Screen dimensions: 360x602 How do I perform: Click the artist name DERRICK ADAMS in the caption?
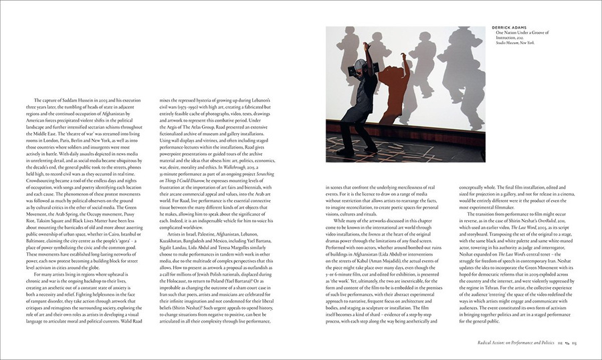pyautogui.click(x=511, y=27)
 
